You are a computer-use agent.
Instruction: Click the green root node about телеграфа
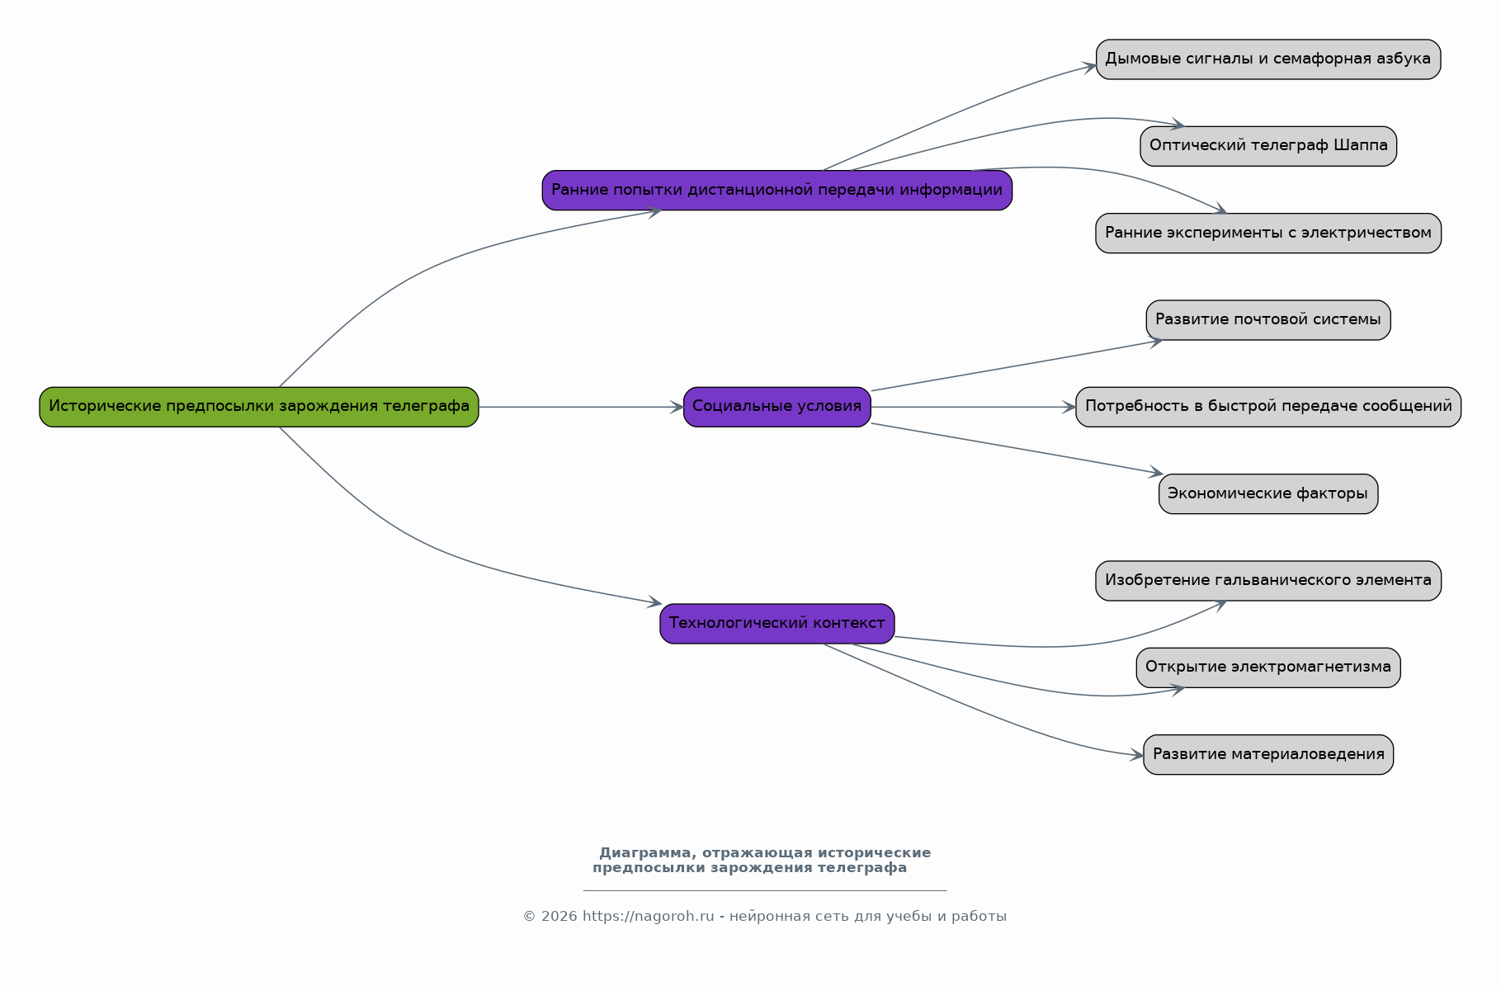coord(259,407)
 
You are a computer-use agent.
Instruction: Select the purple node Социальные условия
coord(776,407)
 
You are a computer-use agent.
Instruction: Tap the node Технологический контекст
coord(776,624)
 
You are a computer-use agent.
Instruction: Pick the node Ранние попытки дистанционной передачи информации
coord(776,190)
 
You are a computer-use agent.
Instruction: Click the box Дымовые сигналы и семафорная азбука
coord(1268,59)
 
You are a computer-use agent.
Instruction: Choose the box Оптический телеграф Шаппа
coord(1268,146)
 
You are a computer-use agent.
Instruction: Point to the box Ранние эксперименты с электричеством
coord(1268,234)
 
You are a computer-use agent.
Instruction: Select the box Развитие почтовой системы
coord(1268,320)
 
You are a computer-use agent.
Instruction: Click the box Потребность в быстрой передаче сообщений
coord(1268,407)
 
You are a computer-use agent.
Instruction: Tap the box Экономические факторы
coord(1268,493)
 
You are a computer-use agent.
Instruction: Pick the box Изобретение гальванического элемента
coord(1268,581)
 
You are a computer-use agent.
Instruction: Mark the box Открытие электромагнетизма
coord(1268,668)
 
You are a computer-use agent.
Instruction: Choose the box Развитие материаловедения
coord(1268,754)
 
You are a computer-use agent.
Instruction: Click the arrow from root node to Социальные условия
coord(581,407)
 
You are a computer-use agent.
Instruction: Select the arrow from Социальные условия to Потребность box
coord(974,407)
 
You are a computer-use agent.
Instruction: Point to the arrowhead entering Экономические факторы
coord(1155,473)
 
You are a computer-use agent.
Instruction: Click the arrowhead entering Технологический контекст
coord(654,602)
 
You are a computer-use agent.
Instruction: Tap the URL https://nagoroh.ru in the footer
coord(649,917)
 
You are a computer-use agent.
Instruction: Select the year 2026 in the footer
coord(559,917)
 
